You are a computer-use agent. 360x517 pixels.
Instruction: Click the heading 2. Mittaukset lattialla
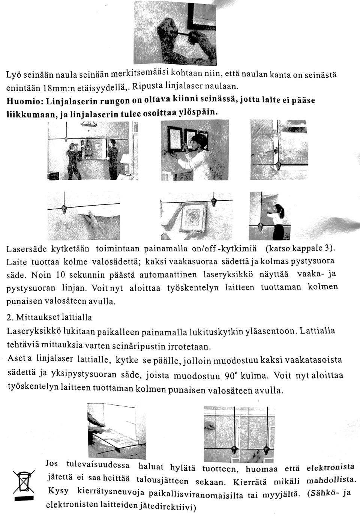pos(49,317)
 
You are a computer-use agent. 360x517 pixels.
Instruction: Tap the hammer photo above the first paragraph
pos(175,33)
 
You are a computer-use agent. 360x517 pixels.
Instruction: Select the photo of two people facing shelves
pos(93,150)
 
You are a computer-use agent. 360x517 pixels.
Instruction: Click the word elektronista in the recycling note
pos(330,467)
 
